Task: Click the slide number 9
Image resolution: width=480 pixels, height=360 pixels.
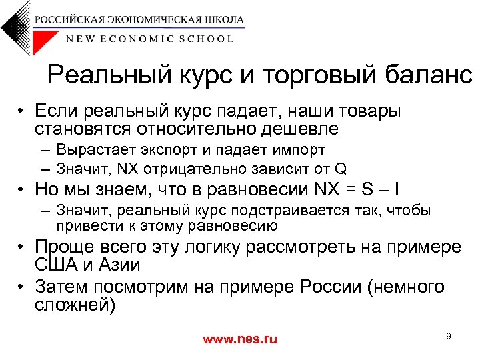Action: point(449,336)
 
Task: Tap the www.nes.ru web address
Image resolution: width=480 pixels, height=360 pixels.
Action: point(239,339)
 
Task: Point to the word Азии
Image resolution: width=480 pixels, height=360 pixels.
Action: point(118,265)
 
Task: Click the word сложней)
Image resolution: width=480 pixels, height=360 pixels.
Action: point(75,306)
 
